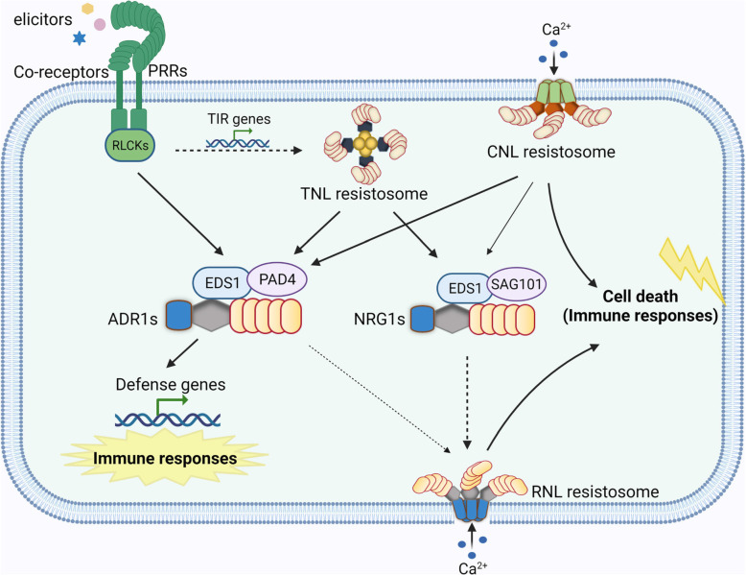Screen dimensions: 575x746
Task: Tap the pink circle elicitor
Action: tap(100, 23)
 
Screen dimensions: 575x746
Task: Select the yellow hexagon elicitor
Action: tap(88, 9)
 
